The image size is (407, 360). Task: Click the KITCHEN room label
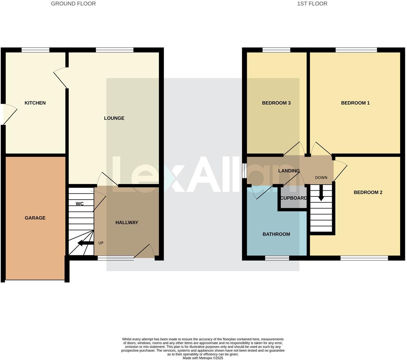coord(35,103)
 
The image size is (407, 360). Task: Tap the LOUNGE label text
coord(114,118)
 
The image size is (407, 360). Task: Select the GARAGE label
coord(35,218)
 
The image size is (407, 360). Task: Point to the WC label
coord(80,204)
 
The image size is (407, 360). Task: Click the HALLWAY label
coord(127,223)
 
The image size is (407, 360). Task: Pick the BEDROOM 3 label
coord(276,103)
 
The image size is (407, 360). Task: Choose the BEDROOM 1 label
coord(355,103)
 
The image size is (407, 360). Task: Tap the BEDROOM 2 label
coord(368,192)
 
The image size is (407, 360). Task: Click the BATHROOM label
coord(276,234)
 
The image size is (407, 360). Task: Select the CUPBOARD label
coord(294,198)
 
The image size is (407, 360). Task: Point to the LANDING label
coord(289,171)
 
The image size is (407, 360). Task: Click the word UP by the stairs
coord(101,243)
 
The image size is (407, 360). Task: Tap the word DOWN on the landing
coord(321,178)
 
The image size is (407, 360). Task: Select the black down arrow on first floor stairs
coord(321,193)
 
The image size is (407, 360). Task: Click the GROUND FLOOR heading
coord(73,4)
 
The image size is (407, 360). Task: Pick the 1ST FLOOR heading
coord(312,4)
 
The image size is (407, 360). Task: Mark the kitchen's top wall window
coord(35,50)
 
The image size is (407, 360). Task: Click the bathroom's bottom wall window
coord(277,258)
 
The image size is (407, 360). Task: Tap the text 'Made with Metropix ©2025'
coord(203,358)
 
